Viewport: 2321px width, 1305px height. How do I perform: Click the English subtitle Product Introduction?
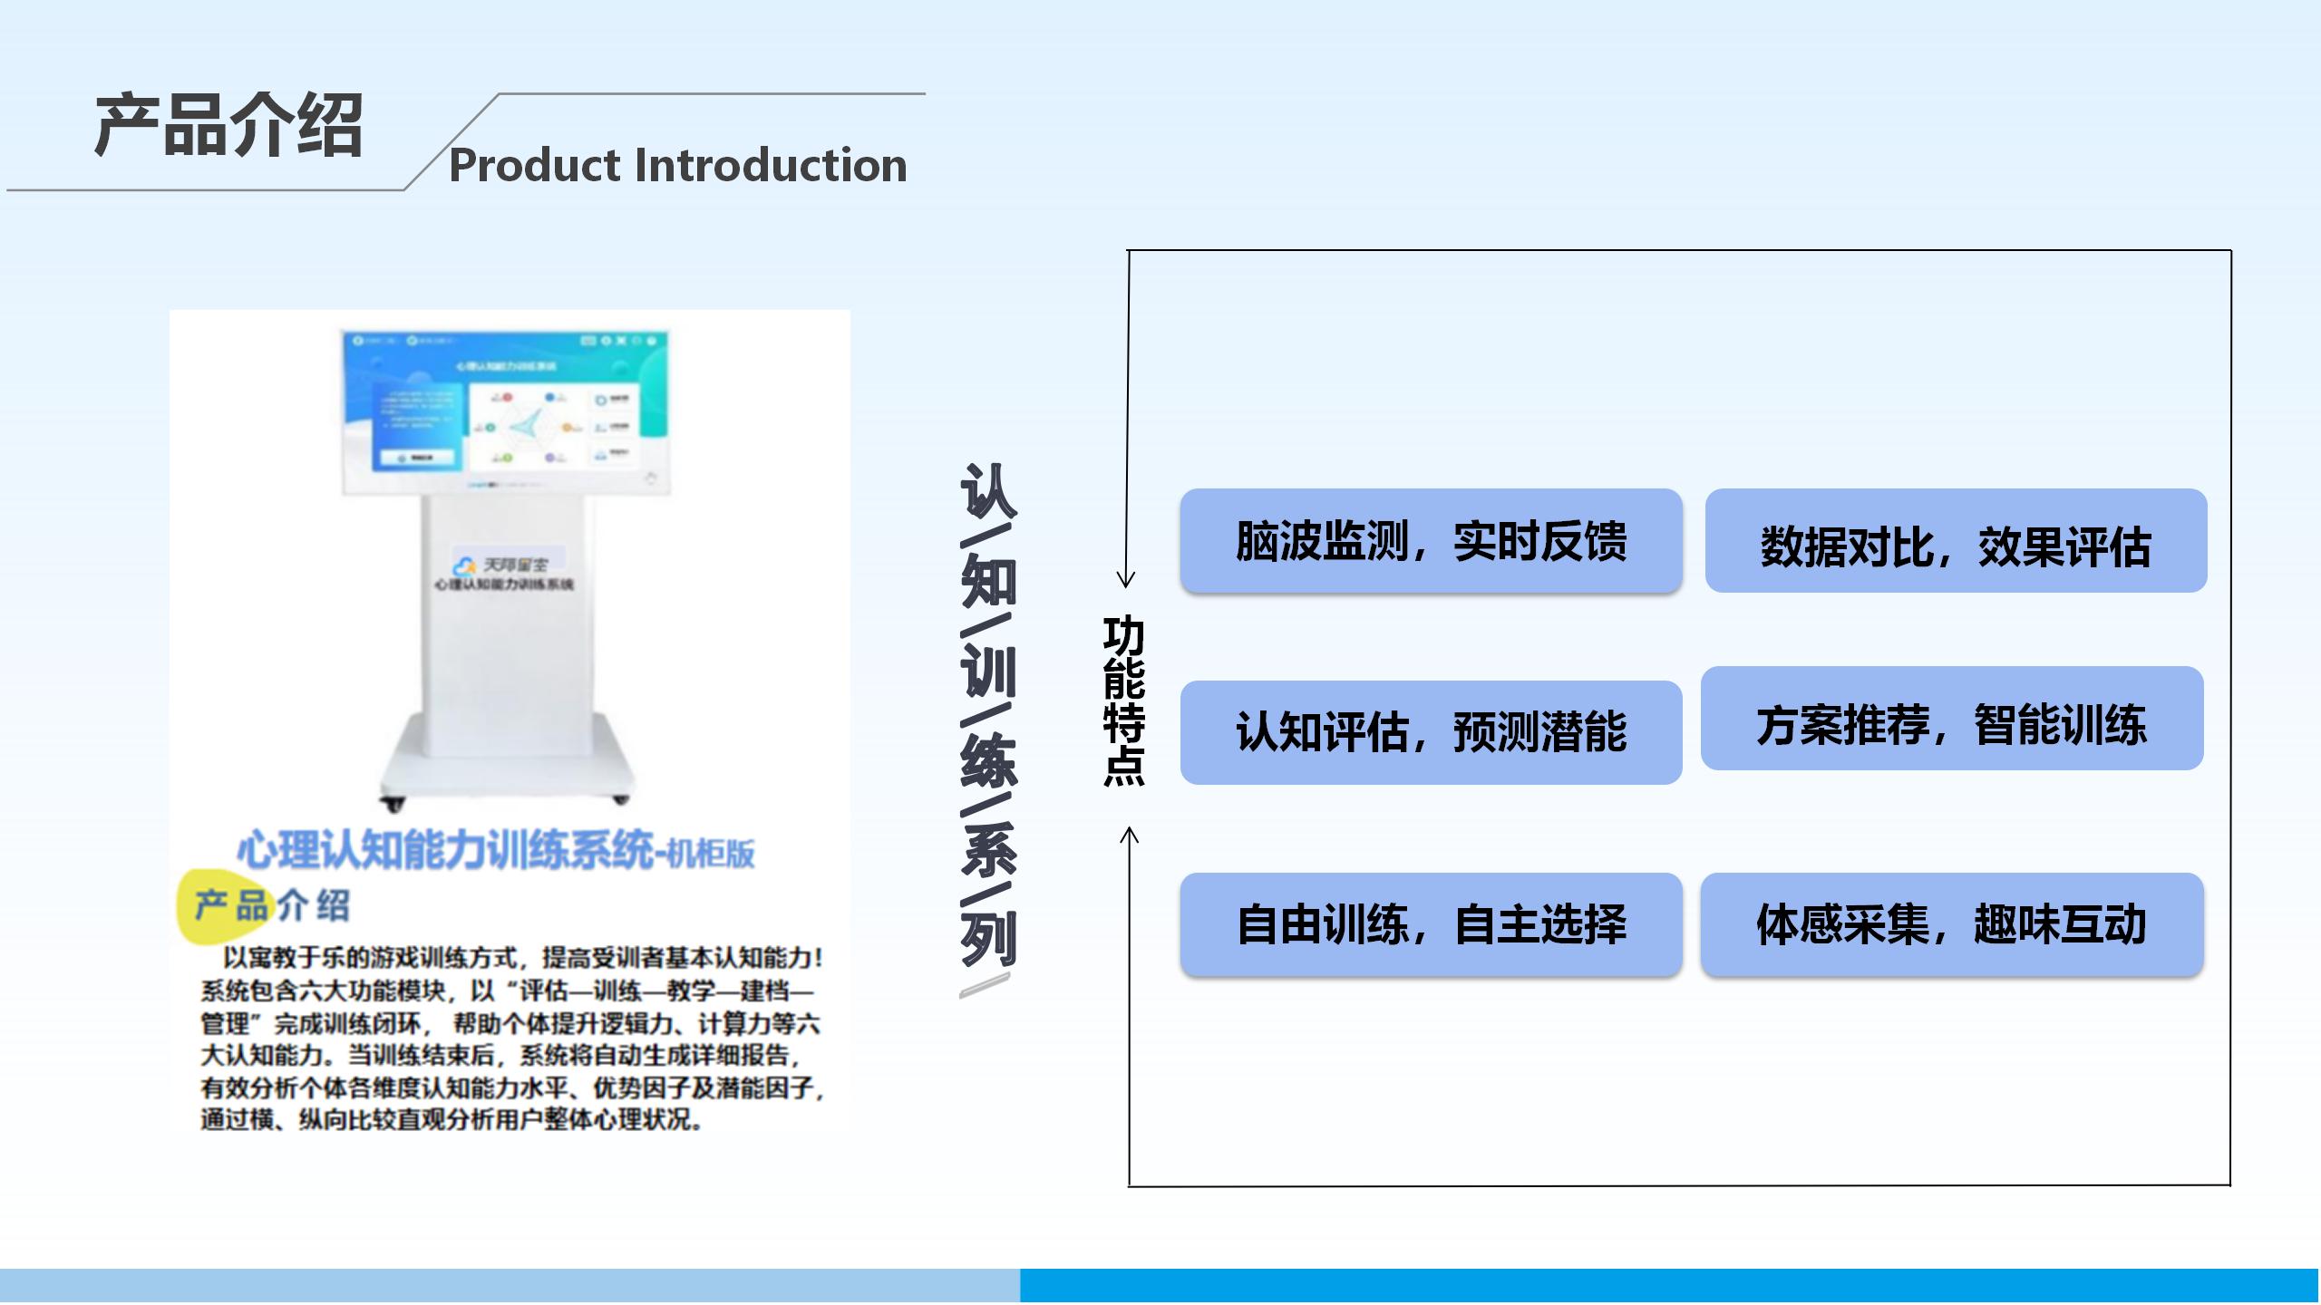(x=677, y=165)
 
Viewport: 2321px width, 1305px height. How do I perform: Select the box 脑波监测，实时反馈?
(x=1431, y=541)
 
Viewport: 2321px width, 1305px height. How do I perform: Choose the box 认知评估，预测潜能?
(x=1431, y=732)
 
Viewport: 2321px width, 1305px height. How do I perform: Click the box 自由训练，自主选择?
(x=1431, y=924)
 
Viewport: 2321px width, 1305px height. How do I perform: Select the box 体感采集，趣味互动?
(x=1951, y=924)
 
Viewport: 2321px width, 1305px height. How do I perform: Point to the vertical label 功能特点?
(x=1124, y=701)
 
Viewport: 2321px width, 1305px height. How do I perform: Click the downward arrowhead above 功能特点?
(x=1126, y=578)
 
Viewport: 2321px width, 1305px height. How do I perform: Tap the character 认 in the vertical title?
(x=988, y=490)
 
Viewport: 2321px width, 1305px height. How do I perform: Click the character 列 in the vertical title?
(x=988, y=937)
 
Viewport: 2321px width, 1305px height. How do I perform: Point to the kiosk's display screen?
(x=505, y=413)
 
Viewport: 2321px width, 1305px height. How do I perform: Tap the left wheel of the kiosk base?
(x=393, y=802)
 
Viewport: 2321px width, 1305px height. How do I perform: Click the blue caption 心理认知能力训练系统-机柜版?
(x=495, y=851)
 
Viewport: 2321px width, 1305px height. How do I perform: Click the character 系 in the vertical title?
(x=988, y=848)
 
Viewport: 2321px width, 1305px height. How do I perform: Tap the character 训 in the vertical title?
(x=988, y=671)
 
